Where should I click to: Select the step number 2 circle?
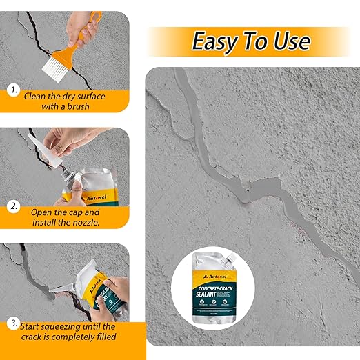tap(13, 206)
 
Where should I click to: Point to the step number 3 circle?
tap(13, 323)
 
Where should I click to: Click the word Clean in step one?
tap(36, 96)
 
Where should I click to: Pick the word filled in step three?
tap(102, 337)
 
